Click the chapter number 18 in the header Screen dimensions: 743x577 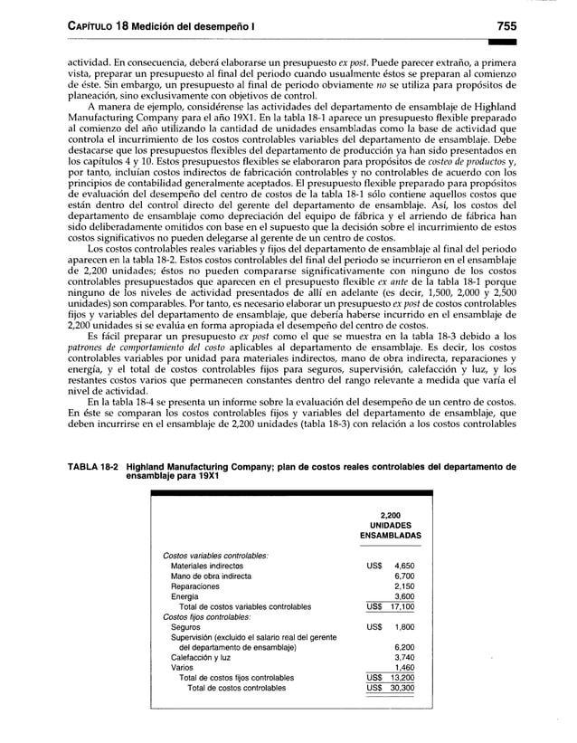tap(128, 24)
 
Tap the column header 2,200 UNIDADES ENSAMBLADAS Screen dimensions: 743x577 tap(391, 524)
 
